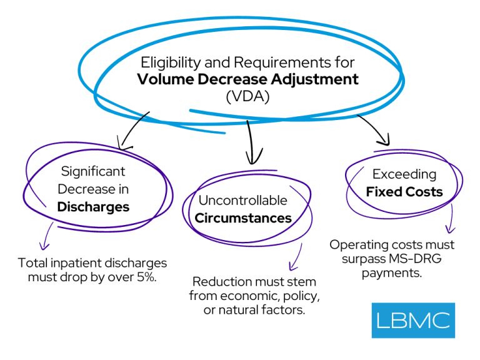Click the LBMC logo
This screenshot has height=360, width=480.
click(x=413, y=320)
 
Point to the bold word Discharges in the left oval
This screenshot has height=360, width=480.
click(x=93, y=206)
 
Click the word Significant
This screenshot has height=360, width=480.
click(x=93, y=171)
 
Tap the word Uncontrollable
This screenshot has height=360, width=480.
click(x=243, y=201)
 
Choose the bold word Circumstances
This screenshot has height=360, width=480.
click(x=243, y=218)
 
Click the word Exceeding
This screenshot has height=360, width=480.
click(x=404, y=174)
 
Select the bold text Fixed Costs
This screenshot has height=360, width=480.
click(x=404, y=191)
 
